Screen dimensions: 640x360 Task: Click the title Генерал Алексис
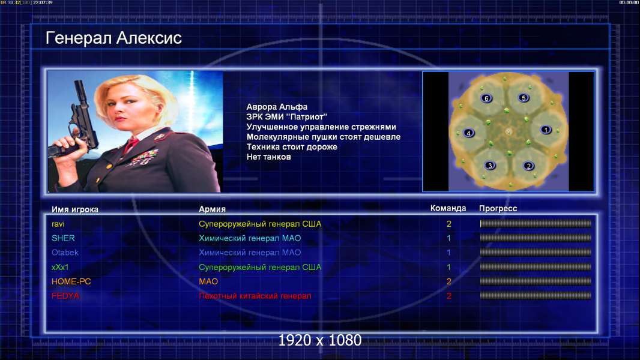pyautogui.click(x=113, y=38)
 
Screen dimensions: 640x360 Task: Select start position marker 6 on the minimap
pyautogui.click(x=486, y=98)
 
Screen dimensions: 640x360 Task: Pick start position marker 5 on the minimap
pyautogui.click(x=524, y=98)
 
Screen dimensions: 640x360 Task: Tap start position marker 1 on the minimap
pyautogui.click(x=546, y=130)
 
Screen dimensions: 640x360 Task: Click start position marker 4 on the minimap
pyautogui.click(x=468, y=133)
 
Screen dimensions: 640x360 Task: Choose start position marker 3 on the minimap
pyautogui.click(x=490, y=166)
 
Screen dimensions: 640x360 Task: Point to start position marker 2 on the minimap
pyautogui.click(x=528, y=166)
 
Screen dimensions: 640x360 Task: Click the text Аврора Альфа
pyautogui.click(x=277, y=107)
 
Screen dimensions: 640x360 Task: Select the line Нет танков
pyautogui.click(x=268, y=157)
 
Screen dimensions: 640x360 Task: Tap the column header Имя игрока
pyautogui.click(x=74, y=209)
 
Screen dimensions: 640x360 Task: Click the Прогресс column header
pyautogui.click(x=498, y=209)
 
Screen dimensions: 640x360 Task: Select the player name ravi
pyautogui.click(x=58, y=224)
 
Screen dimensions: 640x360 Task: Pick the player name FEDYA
pyautogui.click(x=65, y=296)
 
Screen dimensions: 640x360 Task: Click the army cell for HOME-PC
pyautogui.click(x=208, y=282)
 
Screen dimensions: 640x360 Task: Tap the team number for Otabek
pyautogui.click(x=448, y=253)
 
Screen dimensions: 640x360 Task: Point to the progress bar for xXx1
pyautogui.click(x=536, y=267)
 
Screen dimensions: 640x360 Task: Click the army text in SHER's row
pyautogui.click(x=250, y=239)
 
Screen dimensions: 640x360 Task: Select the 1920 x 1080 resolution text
pyautogui.click(x=319, y=340)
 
